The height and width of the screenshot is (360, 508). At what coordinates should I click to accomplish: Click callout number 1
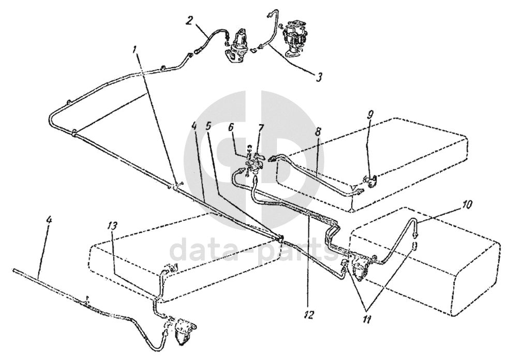135,50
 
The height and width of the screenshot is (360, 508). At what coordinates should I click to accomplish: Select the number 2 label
190,21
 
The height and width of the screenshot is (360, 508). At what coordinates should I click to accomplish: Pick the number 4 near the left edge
49,220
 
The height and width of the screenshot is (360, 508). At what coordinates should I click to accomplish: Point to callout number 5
209,126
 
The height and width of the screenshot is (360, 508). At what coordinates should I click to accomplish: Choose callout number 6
231,127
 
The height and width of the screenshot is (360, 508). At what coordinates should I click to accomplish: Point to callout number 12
309,313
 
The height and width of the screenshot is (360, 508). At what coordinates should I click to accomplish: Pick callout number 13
113,226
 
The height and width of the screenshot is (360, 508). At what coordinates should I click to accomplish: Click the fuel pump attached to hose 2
238,44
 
